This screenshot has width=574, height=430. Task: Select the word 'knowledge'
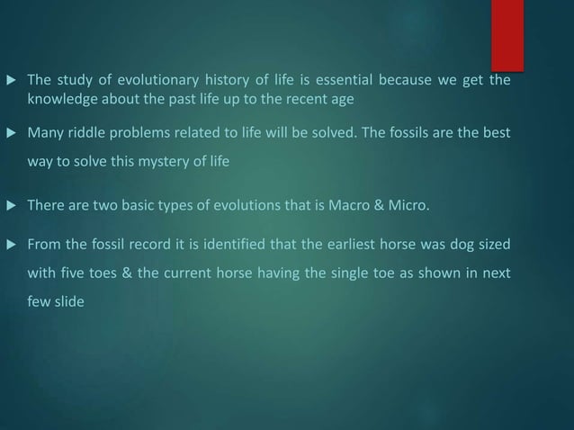coord(60,97)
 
